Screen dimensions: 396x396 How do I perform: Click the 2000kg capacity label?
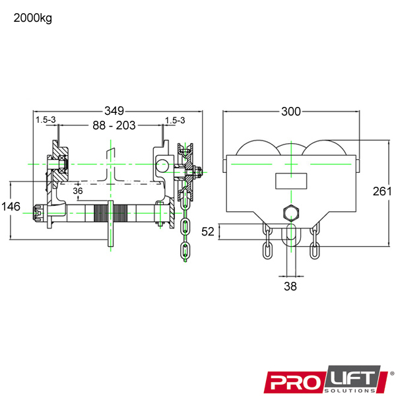pos(32,18)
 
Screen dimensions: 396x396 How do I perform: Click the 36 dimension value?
pos(78,191)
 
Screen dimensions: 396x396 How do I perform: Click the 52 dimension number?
pos(208,232)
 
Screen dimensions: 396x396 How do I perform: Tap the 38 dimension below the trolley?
pos(290,286)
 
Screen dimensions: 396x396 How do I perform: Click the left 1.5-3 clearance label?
pos(46,120)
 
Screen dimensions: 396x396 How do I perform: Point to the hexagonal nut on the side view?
pos(290,213)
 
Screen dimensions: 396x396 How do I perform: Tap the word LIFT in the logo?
pos(352,378)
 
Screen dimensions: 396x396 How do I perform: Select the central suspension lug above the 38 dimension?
pos(290,237)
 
